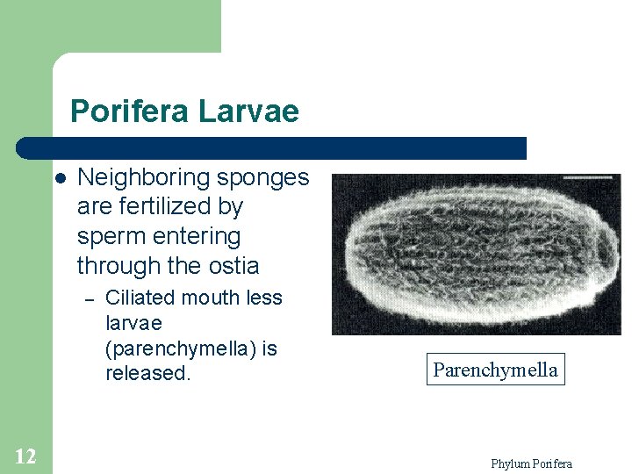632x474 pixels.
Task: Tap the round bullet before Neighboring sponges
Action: click(x=60, y=178)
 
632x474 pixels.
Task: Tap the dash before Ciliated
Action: click(x=88, y=299)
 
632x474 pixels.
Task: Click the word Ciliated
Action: click(x=139, y=298)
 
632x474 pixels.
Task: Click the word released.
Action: click(x=147, y=373)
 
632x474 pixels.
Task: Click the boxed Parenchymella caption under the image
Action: click(x=495, y=370)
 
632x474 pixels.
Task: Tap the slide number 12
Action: click(x=25, y=456)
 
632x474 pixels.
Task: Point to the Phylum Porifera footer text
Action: click(x=531, y=463)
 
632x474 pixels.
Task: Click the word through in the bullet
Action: click(x=110, y=265)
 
